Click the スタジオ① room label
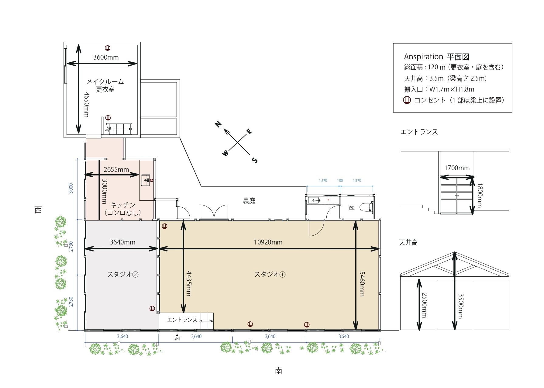(270, 274)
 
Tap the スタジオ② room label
(123, 274)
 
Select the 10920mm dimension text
(268, 242)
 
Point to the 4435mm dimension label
(188, 284)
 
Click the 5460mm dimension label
(362, 284)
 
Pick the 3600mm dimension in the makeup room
(106, 57)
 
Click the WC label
(351, 208)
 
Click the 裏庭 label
(249, 201)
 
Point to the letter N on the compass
(218, 124)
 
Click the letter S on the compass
(255, 160)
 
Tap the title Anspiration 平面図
(437, 57)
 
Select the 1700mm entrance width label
(457, 168)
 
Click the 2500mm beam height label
(424, 305)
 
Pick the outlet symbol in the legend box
(407, 100)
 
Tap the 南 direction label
(278, 371)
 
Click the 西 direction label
(38, 210)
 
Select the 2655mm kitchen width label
(116, 169)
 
